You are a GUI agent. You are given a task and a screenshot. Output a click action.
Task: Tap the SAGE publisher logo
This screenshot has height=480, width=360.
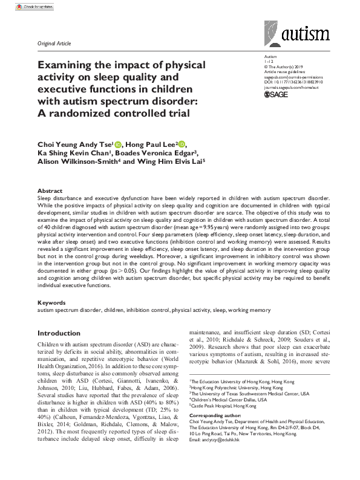261,95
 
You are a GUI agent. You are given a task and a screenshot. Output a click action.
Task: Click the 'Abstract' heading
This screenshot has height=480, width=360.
50,190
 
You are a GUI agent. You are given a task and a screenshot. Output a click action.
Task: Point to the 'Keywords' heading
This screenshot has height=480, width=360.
51,302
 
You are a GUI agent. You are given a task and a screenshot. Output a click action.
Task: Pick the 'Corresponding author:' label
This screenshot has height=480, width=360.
214,417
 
